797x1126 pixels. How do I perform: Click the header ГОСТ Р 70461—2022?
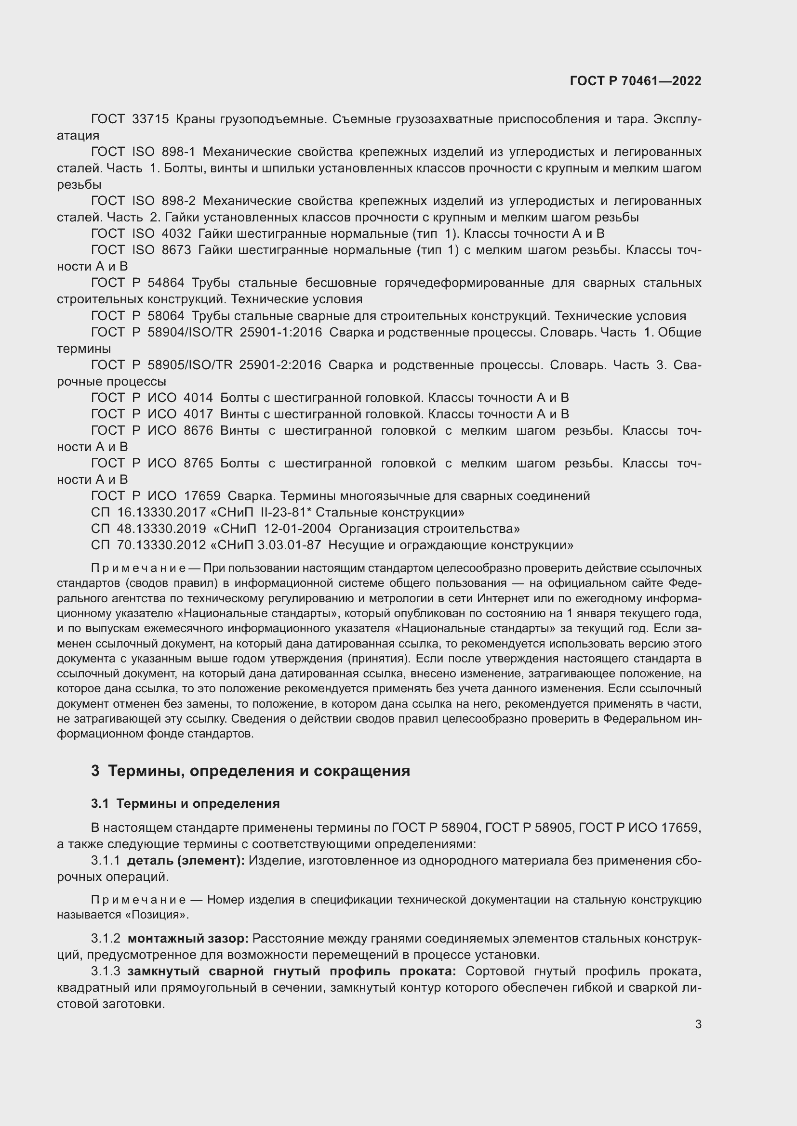tap(636, 81)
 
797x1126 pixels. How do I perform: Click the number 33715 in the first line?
tap(150, 119)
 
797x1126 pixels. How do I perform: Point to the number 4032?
tap(176, 234)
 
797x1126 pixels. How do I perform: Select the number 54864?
tap(166, 283)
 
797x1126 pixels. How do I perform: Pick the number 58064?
tap(166, 316)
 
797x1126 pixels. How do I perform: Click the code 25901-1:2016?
tap(281, 333)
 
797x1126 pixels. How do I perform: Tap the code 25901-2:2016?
tap(280, 365)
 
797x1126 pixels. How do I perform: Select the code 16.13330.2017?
tap(161, 513)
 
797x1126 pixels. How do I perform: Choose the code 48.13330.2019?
tap(161, 529)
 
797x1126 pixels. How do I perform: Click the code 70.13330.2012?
tap(161, 545)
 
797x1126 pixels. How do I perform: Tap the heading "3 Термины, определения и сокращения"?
tap(250, 771)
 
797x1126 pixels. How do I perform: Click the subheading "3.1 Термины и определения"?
tap(185, 804)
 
